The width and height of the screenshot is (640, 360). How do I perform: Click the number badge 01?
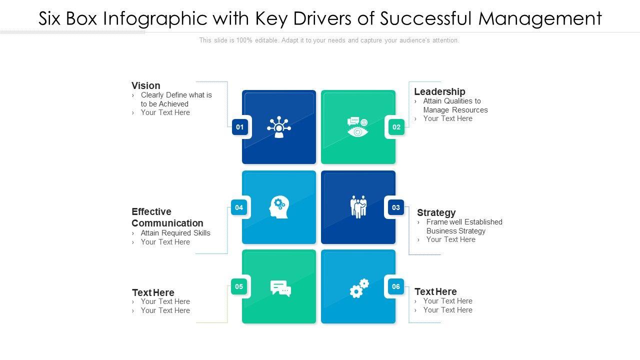(240, 127)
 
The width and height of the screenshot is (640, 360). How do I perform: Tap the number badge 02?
(396, 127)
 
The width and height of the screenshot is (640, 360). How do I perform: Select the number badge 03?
(396, 207)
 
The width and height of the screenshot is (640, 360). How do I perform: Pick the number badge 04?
(239, 207)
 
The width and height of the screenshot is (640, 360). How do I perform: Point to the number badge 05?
(239, 286)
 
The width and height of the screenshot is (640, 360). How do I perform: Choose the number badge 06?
(396, 286)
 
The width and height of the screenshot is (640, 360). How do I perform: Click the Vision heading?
(146, 85)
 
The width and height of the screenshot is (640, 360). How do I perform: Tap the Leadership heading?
(439, 91)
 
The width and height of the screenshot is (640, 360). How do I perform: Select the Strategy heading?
(436, 212)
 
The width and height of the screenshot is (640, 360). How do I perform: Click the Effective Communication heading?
(167, 217)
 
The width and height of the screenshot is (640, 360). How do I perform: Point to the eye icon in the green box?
(358, 128)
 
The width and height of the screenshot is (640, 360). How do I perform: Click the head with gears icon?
(279, 207)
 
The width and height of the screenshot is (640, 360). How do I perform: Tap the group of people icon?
(358, 206)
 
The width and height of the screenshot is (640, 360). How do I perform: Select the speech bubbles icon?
(280, 288)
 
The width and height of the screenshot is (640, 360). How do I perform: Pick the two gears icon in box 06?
(359, 288)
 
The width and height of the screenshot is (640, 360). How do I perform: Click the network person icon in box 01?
(279, 127)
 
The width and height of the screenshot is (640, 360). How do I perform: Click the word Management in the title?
(540, 18)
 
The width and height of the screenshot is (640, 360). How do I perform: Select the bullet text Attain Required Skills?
(175, 233)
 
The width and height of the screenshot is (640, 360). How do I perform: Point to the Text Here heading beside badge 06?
(435, 291)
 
